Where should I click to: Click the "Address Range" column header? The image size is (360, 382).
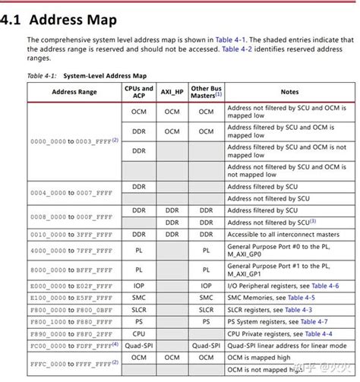(x=74, y=92)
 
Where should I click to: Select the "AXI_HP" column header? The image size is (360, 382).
(x=172, y=92)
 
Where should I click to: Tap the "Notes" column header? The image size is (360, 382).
(x=289, y=92)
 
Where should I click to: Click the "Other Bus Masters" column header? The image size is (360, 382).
(x=206, y=92)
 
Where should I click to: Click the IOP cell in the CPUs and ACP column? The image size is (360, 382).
(x=139, y=286)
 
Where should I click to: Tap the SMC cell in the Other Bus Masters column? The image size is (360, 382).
(x=206, y=298)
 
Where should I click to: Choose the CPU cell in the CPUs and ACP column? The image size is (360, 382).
(x=139, y=333)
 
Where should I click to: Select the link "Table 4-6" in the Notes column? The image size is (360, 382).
(x=332, y=286)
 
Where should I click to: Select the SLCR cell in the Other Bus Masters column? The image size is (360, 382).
(x=206, y=310)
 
